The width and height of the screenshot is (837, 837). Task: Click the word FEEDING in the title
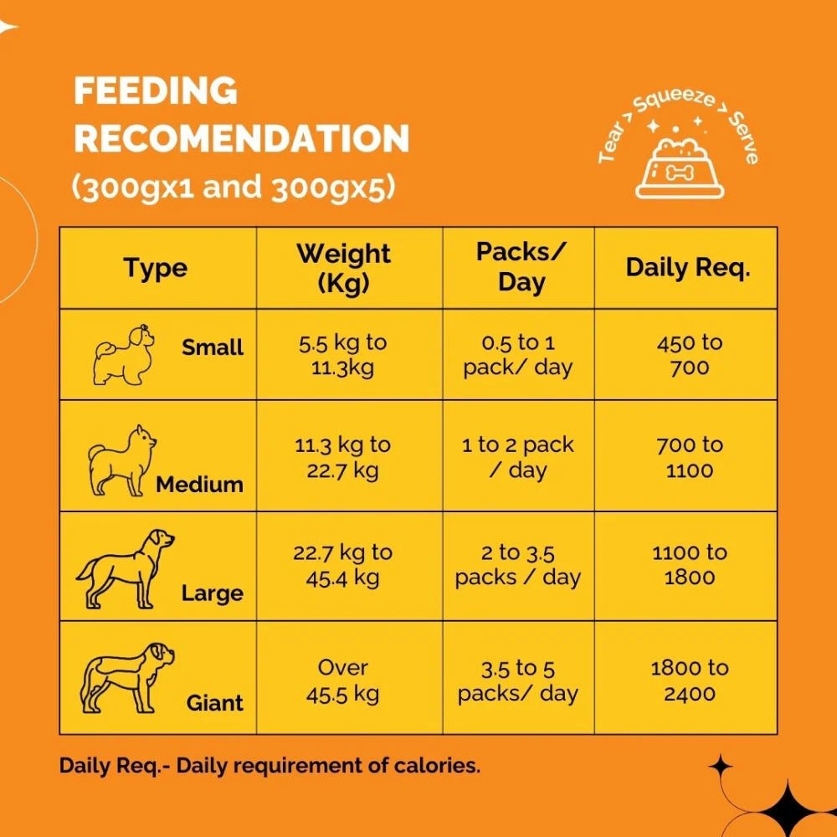pos(156,90)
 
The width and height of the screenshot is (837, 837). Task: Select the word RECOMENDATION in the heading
pos(241,139)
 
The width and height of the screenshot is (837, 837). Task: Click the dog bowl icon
pos(679,171)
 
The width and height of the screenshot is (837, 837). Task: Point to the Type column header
pos(156,268)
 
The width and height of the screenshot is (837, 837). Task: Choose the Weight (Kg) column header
pos(343,268)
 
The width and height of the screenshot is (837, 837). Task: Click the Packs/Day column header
pos(521,268)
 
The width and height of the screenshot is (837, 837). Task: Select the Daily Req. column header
pos(688,268)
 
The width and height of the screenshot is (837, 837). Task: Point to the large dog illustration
pos(126,567)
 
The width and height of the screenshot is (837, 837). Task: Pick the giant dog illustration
pos(126,676)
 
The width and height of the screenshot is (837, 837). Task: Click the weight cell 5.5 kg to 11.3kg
pos(344,355)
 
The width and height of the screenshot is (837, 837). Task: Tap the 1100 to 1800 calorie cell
pos(690,564)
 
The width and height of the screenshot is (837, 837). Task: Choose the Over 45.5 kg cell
pos(343,680)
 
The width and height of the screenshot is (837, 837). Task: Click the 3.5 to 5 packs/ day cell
pos(518,680)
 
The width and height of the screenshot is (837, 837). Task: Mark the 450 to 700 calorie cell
pos(690,355)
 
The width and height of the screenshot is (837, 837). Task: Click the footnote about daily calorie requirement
pos(270,766)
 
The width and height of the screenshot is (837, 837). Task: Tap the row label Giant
pos(215,703)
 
